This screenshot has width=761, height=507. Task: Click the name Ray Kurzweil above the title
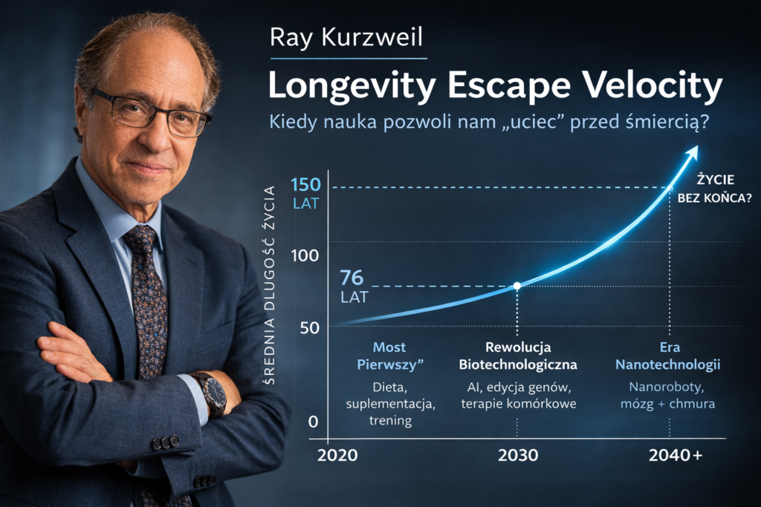[x=347, y=37]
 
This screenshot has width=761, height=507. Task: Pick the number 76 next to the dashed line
[x=353, y=279]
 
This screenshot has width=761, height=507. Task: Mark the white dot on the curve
[x=517, y=286]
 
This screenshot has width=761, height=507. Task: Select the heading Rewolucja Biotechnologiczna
[x=518, y=356]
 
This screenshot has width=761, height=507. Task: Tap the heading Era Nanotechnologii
[x=670, y=356]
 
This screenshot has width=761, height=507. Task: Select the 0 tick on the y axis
[x=313, y=422]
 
